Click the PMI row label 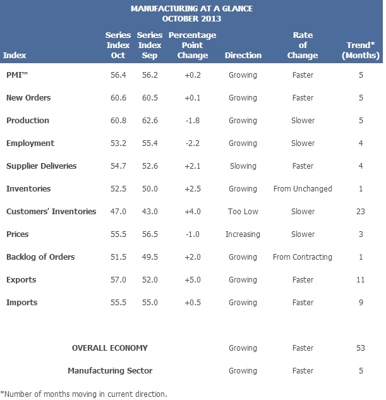tap(17, 75)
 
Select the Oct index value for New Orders tap(118, 98)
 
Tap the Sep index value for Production tap(150, 121)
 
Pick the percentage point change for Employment tap(193, 143)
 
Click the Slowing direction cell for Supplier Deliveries tap(243, 166)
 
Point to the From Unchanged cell tap(303, 189)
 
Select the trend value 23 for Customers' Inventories tap(361, 212)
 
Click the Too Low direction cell tap(243, 212)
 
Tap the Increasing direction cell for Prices tap(243, 234)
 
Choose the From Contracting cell tap(303, 257)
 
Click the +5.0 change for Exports tap(193, 280)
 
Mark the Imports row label tap(22, 303)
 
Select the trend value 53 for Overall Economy tap(361, 348)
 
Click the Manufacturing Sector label tap(110, 371)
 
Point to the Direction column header tap(243, 56)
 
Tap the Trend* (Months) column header tap(361, 51)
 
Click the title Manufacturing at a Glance tap(191, 9)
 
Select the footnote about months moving tap(84, 394)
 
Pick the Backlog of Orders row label tap(40, 257)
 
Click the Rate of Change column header tap(303, 45)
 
